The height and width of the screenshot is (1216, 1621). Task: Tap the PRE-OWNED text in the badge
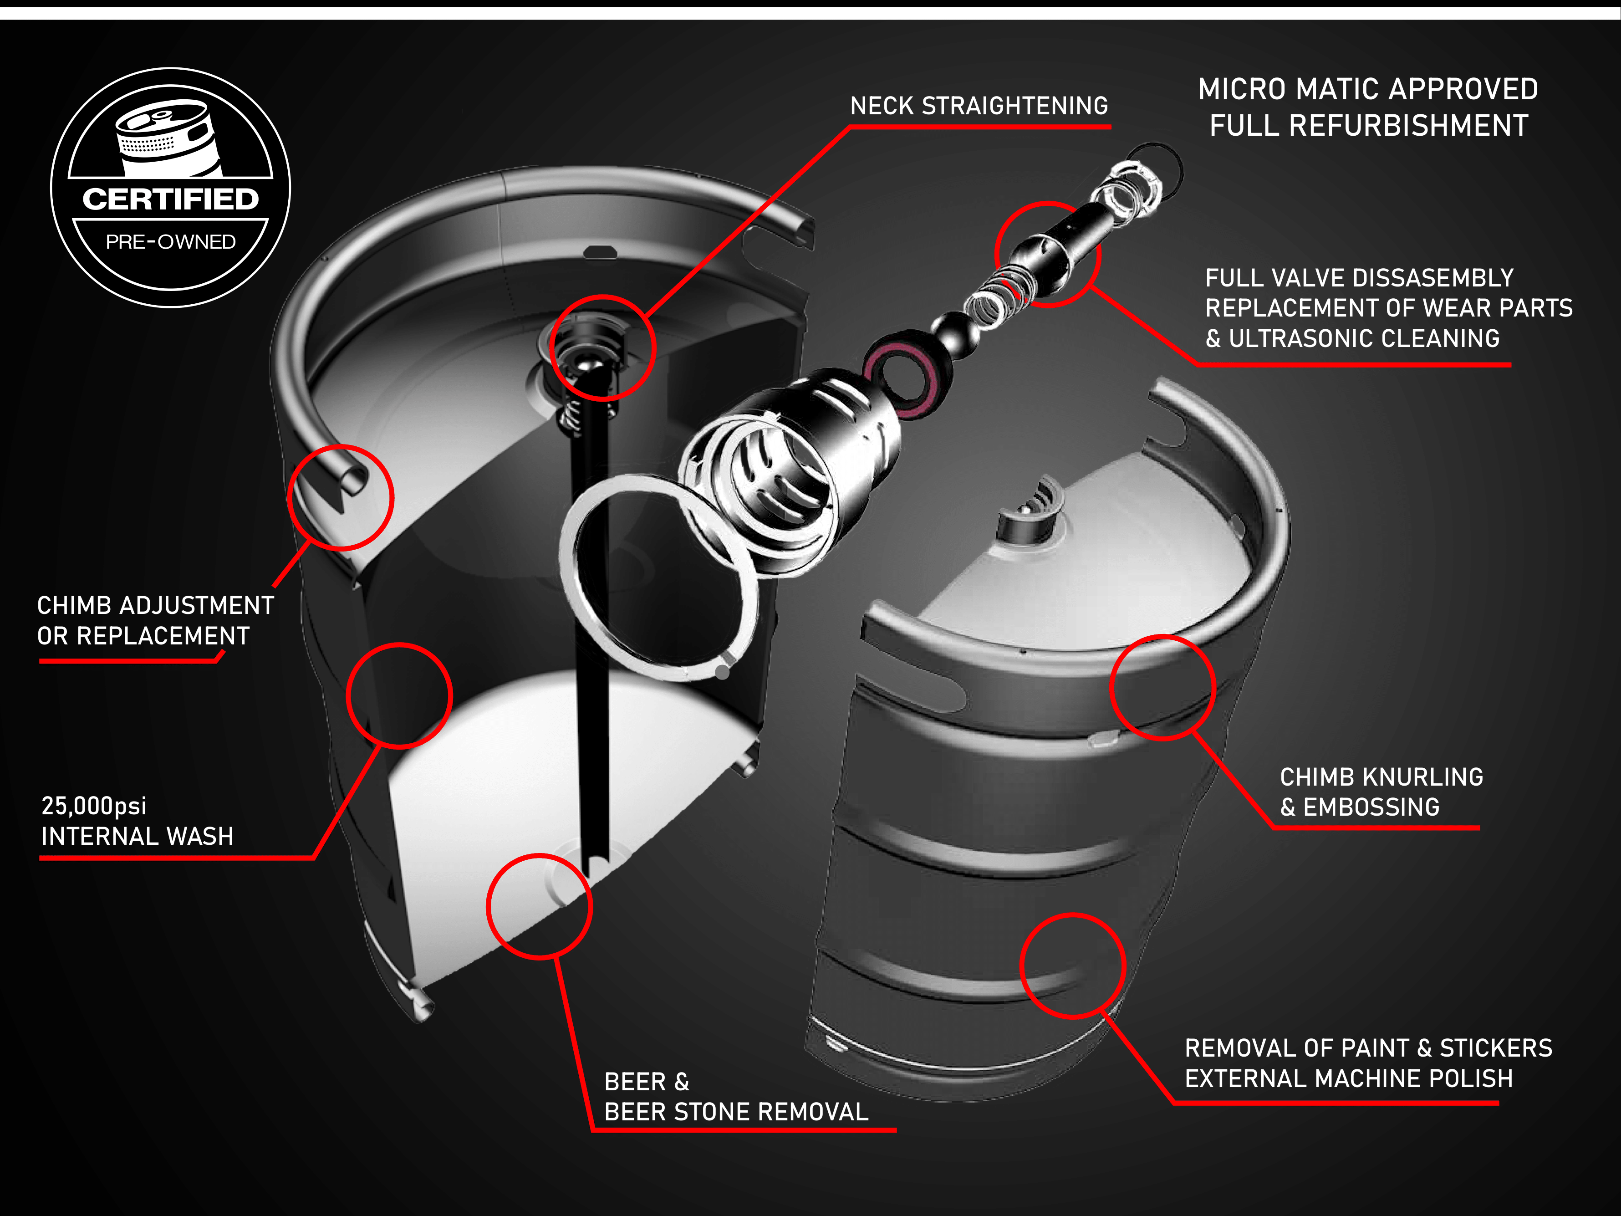tap(171, 242)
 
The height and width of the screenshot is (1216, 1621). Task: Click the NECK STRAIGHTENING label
tap(979, 106)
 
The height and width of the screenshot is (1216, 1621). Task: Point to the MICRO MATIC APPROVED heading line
tap(1368, 89)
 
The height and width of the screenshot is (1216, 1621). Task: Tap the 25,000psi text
tap(94, 806)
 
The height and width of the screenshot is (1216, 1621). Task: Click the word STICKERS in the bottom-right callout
tap(1496, 1048)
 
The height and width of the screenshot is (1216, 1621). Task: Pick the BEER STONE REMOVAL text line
tap(736, 1112)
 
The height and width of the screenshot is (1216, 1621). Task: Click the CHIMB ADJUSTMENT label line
tap(155, 605)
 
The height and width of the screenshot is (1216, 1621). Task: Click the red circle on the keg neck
tap(551, 348)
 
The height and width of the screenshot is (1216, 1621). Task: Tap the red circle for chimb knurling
tap(1111, 688)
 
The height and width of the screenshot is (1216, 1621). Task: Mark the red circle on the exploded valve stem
tap(997, 254)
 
